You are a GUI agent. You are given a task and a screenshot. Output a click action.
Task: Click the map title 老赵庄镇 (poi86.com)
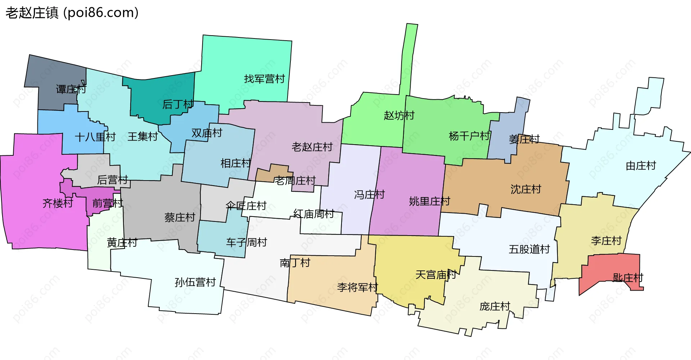tap(72, 13)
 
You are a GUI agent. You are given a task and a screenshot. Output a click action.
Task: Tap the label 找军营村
tap(264, 79)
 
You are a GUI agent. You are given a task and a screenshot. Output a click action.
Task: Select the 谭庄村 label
tap(71, 89)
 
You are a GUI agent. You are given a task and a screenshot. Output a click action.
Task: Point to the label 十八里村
tap(95, 137)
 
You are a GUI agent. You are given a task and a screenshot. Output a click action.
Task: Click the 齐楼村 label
tap(58, 203)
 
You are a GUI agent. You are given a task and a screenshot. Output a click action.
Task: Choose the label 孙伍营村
tap(195, 282)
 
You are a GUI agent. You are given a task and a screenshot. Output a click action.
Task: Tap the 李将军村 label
tap(357, 287)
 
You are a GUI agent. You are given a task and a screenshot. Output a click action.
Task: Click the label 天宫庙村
tap(435, 275)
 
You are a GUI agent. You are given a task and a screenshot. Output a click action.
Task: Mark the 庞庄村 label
tap(495, 306)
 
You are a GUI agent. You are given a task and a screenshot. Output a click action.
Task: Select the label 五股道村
tap(529, 249)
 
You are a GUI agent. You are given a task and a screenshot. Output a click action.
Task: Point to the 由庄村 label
tap(641, 165)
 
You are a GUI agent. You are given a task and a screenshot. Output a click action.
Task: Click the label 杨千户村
tap(469, 136)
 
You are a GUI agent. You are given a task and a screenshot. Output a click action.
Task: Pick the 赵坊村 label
tap(399, 115)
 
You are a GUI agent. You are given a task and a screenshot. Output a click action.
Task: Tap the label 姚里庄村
tap(429, 201)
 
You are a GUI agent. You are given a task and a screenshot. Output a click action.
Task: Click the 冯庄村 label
tap(369, 195)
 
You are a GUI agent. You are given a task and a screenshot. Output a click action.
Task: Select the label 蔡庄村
tap(180, 217)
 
